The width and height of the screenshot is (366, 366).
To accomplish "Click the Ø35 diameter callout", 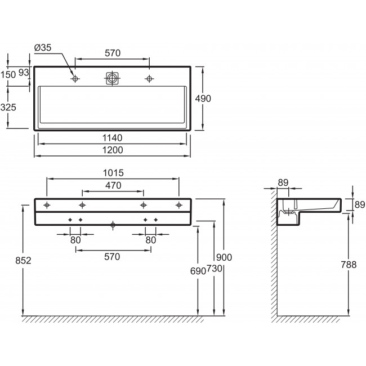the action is [43, 48].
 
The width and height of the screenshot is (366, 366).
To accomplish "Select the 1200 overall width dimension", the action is [113, 150].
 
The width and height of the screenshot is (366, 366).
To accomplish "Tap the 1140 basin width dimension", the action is [112, 138].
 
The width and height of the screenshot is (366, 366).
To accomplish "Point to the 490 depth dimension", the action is [203, 99].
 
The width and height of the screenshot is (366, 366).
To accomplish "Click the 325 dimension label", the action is [8, 108].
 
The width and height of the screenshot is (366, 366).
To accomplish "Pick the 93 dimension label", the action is [24, 73].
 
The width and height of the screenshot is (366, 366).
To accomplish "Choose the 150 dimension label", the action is [8, 75].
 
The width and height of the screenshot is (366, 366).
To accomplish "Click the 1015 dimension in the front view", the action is [113, 173].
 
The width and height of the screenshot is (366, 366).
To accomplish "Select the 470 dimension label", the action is [113, 185].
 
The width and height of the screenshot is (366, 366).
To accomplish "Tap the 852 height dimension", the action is [23, 261].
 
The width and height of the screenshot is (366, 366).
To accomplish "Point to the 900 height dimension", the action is [224, 257].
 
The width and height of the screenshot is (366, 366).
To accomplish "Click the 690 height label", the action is [198, 271].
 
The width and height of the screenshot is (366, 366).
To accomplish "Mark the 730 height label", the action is [215, 269].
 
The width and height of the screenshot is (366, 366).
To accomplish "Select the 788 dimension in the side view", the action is [349, 265].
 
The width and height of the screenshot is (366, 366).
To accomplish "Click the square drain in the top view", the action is [112, 78].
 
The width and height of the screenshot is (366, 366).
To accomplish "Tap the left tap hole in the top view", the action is [75, 79].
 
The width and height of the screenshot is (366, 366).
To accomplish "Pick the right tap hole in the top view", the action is [149, 79].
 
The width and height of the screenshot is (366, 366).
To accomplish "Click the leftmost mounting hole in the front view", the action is [47, 205].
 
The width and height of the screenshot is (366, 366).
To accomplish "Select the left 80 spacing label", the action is [75, 240].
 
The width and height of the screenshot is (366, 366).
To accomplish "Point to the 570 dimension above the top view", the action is [113, 53].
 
